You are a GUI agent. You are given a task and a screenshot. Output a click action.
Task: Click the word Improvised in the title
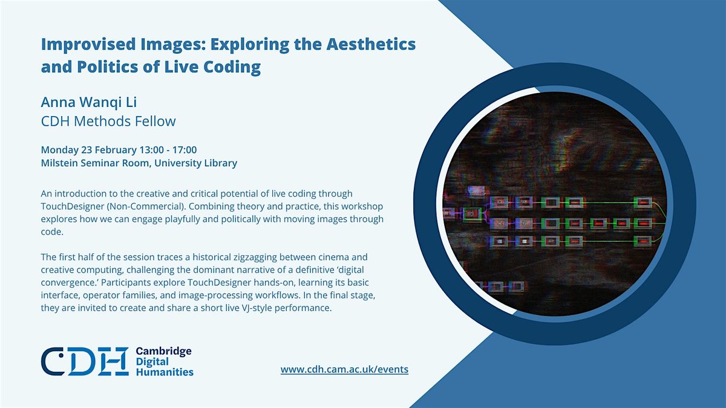(88, 45)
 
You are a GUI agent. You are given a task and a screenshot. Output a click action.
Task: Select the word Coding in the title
(232, 67)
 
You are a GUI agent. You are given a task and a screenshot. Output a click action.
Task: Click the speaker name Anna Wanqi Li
(89, 102)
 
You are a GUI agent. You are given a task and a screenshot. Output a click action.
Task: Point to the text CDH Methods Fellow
(108, 121)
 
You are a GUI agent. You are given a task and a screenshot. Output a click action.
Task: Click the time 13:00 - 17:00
(168, 150)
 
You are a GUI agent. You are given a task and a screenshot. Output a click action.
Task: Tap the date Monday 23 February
(89, 150)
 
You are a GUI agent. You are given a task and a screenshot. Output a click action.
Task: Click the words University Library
(196, 163)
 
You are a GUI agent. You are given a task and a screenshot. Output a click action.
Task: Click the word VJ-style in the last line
(257, 308)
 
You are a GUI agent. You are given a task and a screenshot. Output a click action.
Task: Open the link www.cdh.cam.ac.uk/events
(344, 369)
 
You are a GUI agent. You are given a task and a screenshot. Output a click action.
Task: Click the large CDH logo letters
(85, 361)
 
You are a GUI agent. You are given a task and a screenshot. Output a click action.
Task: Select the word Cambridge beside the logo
(164, 352)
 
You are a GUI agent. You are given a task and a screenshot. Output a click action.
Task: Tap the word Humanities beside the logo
(165, 372)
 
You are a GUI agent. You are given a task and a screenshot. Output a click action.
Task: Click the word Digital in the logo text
(152, 362)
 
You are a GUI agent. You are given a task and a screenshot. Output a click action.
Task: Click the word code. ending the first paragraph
(52, 232)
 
